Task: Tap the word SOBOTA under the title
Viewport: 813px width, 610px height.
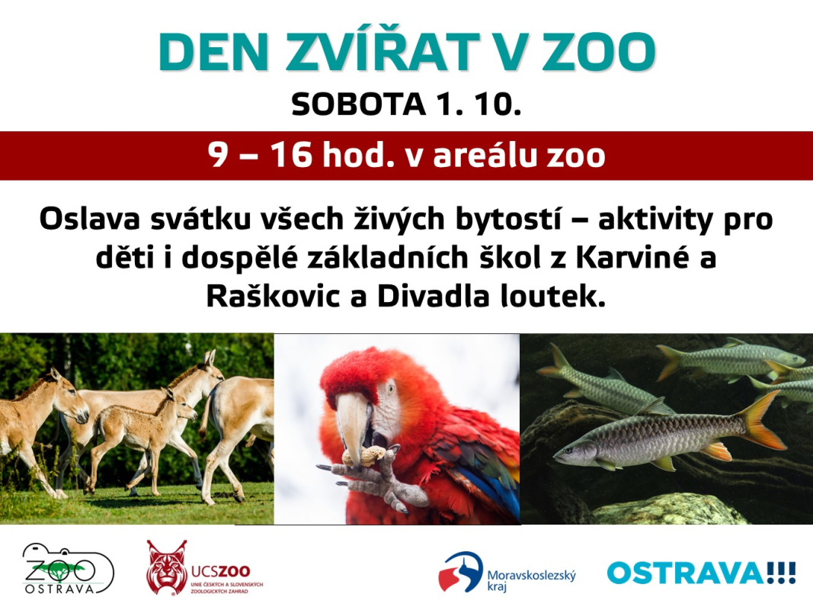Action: (358, 104)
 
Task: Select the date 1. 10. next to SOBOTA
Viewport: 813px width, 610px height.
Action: (478, 104)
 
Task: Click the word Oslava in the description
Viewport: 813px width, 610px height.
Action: (90, 219)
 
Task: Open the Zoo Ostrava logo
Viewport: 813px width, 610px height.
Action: (68, 569)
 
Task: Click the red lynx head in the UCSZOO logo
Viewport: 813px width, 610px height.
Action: (166, 567)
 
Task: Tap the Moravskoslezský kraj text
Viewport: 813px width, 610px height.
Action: (531, 580)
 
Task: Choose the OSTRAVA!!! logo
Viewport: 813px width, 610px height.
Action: (701, 573)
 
